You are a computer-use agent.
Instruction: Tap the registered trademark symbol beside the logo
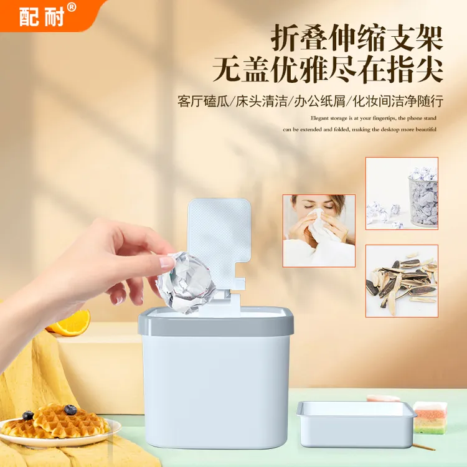71,7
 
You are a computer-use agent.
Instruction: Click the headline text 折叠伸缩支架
357,39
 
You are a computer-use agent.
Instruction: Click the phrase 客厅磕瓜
204,101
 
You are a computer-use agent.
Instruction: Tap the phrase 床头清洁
262,101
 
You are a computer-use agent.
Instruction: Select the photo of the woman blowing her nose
319,230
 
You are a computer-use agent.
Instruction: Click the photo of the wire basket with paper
402,193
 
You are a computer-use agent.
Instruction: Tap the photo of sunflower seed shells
402,280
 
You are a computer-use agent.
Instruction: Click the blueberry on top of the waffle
70,410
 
